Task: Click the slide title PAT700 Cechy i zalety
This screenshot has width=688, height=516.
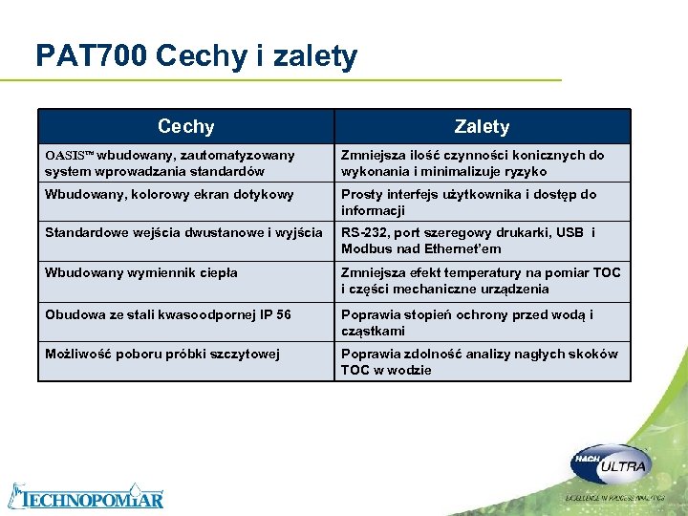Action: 196,56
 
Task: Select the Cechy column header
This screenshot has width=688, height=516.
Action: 185,126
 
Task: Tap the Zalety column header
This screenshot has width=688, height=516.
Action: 482,126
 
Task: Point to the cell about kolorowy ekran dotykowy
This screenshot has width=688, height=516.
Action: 155,194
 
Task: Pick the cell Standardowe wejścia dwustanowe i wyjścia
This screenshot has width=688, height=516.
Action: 183,233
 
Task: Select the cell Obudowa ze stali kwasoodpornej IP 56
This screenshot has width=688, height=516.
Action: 167,314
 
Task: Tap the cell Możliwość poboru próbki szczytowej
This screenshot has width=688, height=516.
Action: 162,354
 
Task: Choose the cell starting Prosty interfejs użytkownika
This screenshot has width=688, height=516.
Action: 468,202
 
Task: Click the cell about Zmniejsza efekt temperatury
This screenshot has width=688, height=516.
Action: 481,280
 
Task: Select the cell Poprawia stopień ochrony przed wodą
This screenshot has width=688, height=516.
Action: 467,322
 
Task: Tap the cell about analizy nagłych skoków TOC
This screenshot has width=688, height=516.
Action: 480,361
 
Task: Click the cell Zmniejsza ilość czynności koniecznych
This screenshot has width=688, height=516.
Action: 473,162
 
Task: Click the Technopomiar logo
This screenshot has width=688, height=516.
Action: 86,495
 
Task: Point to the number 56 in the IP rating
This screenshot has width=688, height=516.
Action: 283,314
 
